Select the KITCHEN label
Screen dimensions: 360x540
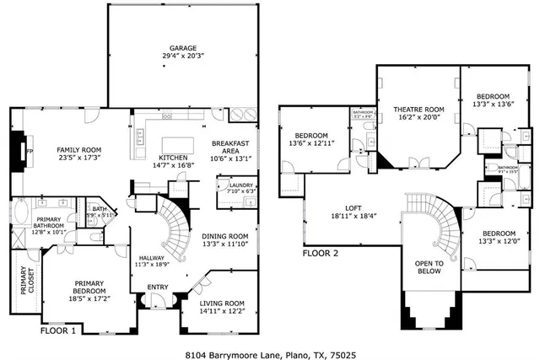[x=173, y=157]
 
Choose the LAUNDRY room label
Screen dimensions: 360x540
[x=240, y=185]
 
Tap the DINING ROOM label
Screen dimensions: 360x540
[x=225, y=236]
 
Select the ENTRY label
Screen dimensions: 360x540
[x=158, y=287]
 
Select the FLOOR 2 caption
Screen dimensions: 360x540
[x=321, y=252]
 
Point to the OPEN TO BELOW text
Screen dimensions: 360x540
[x=429, y=266]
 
